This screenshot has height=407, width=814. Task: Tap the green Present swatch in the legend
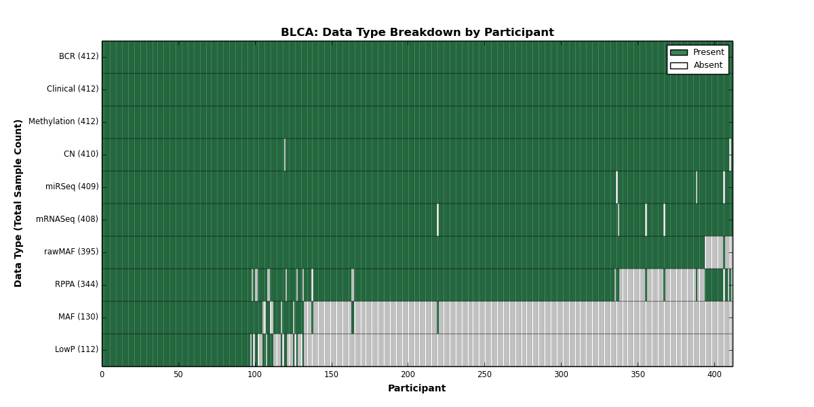679,53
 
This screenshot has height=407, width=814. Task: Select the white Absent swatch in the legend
679,66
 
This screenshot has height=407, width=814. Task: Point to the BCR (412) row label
79,56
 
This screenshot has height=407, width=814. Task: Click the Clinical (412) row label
73,89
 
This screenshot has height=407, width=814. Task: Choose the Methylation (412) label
63,121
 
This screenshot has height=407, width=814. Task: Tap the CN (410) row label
81,154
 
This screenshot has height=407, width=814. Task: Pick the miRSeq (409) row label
72,187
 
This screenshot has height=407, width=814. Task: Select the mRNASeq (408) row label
67,219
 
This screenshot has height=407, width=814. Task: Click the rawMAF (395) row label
71,252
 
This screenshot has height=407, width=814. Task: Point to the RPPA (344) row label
76,284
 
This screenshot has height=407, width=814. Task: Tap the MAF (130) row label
78,317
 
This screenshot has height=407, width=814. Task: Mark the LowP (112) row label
76,349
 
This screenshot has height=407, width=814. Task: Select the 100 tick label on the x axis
255,374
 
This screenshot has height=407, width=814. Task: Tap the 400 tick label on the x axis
714,374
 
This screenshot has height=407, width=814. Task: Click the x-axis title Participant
416,389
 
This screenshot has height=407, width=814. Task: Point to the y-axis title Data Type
18,203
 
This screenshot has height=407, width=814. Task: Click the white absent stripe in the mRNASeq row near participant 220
438,220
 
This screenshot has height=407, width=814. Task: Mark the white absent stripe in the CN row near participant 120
284,155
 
